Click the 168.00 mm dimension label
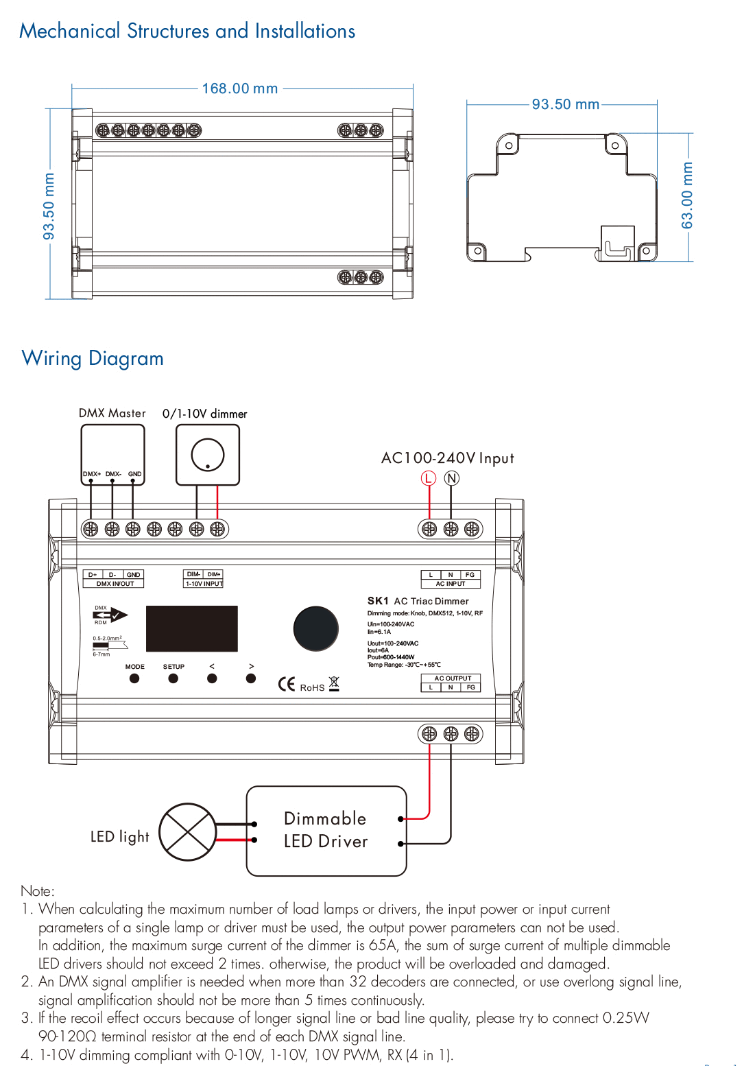(240, 88)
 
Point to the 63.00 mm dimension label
(687, 196)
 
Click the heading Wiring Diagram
(93, 358)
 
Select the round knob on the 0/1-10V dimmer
(208, 455)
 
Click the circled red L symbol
(429, 478)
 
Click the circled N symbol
(451, 478)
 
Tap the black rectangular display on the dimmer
(192, 628)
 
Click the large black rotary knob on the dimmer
(315, 628)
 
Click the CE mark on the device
(287, 684)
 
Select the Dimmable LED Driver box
(326, 831)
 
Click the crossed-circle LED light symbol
(188, 831)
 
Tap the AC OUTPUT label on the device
(453, 678)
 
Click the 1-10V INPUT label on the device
(204, 584)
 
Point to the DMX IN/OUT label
(115, 584)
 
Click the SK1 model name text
(378, 601)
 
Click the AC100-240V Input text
(448, 458)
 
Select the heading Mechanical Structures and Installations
(187, 31)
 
